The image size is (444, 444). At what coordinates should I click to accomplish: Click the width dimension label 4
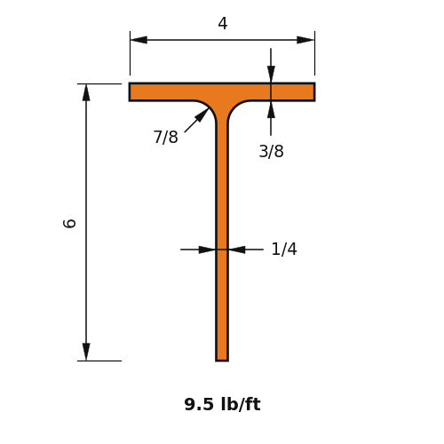(223, 23)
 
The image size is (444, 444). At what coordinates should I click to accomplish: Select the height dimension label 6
(70, 224)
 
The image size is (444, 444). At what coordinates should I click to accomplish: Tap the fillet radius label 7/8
(166, 137)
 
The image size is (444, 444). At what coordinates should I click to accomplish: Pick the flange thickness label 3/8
(271, 151)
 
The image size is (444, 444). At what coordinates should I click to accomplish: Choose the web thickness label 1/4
(284, 249)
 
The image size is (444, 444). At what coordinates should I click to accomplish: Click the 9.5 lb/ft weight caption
(222, 404)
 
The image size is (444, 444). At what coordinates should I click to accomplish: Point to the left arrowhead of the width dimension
(139, 40)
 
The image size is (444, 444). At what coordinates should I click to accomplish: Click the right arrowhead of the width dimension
(305, 40)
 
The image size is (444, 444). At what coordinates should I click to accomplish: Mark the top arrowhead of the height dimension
(86, 92)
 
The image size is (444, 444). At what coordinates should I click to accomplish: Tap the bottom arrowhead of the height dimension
(86, 352)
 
